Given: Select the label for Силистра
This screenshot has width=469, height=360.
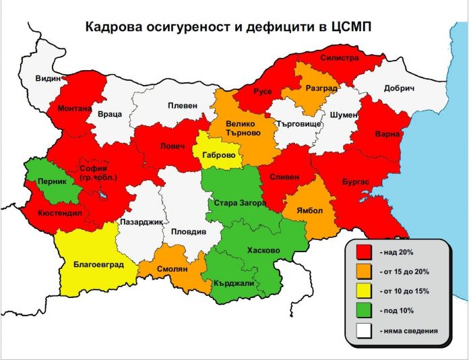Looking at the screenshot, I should (x=340, y=58).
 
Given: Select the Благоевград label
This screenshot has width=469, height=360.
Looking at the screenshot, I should (x=98, y=265).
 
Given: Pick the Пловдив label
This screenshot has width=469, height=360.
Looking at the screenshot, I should (x=189, y=231).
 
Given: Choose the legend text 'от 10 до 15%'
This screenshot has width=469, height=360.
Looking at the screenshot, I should (x=404, y=291).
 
